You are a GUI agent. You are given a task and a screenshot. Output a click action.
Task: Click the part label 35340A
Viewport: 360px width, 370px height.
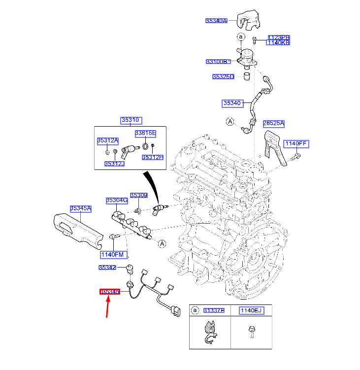(x=216, y=21)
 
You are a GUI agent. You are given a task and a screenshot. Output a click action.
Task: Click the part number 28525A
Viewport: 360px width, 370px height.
(x=273, y=123)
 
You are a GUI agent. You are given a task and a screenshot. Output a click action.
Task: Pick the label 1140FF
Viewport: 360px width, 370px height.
(x=296, y=143)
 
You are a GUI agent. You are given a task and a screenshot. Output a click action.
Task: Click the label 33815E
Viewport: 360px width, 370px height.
(x=145, y=134)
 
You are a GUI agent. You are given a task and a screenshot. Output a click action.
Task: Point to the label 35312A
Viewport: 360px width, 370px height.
(x=107, y=141)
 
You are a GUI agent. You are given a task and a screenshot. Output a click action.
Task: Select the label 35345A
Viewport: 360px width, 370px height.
(x=81, y=208)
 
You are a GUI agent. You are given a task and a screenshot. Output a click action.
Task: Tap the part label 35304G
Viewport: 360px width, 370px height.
(x=117, y=201)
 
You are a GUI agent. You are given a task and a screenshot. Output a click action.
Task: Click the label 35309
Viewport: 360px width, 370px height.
(x=138, y=196)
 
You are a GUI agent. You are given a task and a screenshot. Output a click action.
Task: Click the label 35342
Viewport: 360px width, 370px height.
(x=107, y=268)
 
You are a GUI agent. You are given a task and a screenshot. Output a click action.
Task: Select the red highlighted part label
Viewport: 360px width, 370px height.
(x=110, y=292)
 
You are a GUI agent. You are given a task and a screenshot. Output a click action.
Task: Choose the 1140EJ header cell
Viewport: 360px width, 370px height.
(x=251, y=310)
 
